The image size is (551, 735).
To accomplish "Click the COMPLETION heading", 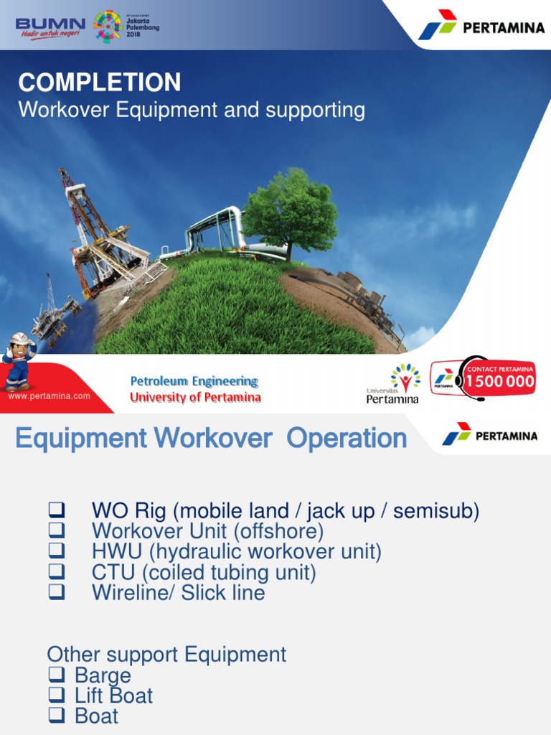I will (x=100, y=83).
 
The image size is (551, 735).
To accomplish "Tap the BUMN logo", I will (x=50, y=26).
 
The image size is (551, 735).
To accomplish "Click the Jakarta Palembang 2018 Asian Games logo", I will (x=126, y=25).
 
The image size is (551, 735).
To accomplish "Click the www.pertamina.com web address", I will (x=49, y=395).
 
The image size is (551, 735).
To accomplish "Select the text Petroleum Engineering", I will (x=194, y=381).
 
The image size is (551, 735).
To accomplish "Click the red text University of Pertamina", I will (x=195, y=398).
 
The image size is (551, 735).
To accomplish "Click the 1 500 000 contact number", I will (x=499, y=381).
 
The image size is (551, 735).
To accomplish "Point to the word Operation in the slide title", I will (x=347, y=439).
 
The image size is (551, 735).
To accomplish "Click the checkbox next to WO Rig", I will (x=57, y=512).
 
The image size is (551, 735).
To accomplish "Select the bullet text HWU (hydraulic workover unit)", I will (x=236, y=552).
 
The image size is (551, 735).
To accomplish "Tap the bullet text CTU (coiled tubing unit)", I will (x=204, y=573).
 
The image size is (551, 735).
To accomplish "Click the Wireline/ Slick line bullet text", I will (x=178, y=593).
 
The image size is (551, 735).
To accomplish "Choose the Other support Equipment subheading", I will (x=166, y=655).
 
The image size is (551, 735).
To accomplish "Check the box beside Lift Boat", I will (x=60, y=696).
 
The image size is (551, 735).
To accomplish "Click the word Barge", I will (x=103, y=675).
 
